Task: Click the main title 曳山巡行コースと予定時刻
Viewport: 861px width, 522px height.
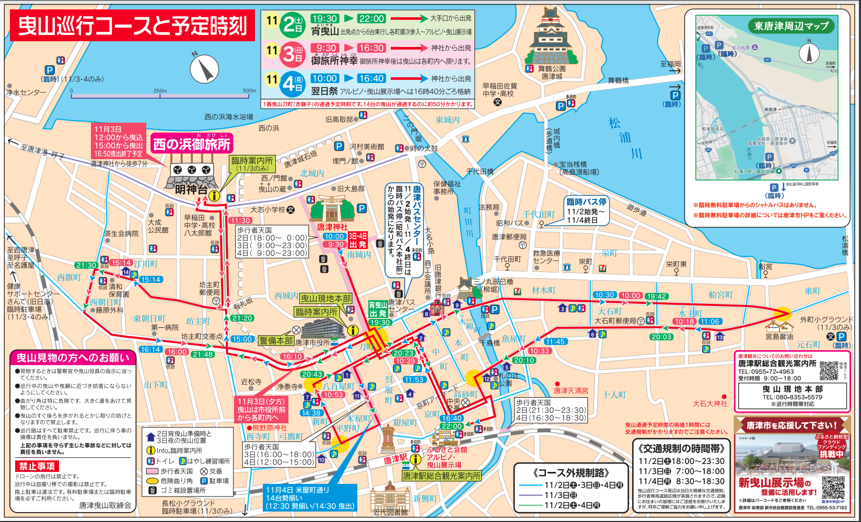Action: coord(132,26)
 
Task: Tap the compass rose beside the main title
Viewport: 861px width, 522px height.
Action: coord(204,69)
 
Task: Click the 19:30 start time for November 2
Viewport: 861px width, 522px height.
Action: coord(324,19)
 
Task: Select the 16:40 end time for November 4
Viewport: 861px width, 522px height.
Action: coord(371,78)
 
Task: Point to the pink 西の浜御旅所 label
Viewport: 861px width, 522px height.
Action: coord(192,144)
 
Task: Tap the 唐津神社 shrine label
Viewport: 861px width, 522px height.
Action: coord(332,227)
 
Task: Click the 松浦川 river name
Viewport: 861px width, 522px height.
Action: coord(624,138)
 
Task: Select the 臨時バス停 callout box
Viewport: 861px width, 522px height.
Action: coord(586,211)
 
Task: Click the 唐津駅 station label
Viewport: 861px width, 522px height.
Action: coord(395,459)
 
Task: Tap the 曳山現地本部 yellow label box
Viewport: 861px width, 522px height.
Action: coord(325,299)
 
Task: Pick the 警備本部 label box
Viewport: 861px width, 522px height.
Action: coord(276,340)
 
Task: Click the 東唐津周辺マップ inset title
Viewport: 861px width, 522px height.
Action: coord(791,26)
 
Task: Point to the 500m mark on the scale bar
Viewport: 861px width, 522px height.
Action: coord(249,91)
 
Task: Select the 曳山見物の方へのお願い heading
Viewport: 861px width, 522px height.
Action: coord(73,358)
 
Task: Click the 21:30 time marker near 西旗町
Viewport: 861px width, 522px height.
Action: coord(86,265)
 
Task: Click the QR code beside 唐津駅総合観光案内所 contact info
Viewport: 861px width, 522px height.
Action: coord(829,370)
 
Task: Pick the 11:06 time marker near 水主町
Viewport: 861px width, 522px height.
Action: coord(709,322)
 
